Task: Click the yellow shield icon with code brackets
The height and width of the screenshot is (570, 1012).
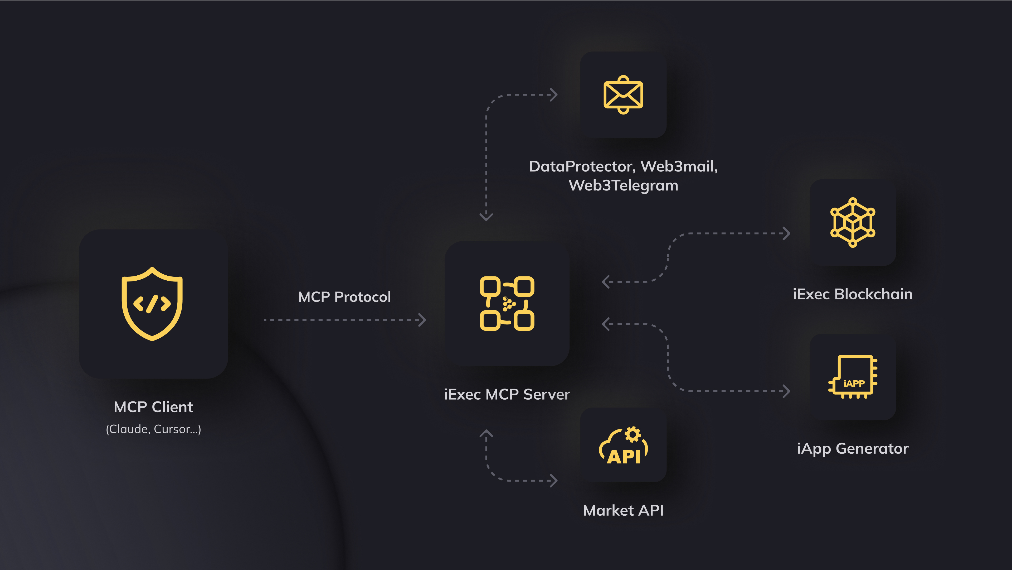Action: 152,304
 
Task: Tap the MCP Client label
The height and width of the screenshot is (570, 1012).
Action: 153,407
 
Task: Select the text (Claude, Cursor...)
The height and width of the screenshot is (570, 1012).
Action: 153,429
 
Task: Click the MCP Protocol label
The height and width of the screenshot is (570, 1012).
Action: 344,297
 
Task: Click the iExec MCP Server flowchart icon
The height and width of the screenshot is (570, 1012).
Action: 507,304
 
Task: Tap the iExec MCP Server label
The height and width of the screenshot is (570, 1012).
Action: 507,394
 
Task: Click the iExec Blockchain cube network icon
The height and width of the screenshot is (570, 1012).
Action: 853,223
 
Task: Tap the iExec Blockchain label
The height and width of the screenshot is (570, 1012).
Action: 853,294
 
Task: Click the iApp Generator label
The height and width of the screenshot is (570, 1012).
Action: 853,448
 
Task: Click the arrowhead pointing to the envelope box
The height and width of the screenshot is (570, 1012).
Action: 554,95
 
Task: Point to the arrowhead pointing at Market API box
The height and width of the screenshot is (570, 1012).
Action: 554,480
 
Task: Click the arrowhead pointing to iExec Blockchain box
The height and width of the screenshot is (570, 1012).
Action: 787,233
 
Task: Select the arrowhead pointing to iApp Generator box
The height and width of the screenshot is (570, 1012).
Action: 787,391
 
